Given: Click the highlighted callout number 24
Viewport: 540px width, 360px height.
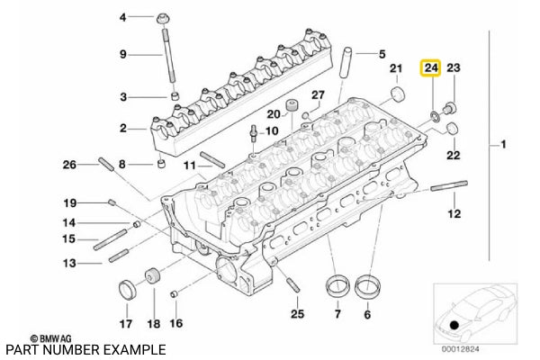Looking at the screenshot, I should pos(431,68).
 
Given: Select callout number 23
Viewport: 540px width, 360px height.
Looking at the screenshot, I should pos(454,68).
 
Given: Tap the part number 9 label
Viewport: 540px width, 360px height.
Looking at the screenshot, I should pos(124,56).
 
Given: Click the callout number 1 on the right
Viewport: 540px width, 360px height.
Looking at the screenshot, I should pos(504,145).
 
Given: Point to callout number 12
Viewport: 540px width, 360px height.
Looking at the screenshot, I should pos(454,213).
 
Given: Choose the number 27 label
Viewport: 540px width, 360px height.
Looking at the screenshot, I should pos(317,94).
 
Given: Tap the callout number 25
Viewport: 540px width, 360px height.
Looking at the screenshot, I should pos(297,314).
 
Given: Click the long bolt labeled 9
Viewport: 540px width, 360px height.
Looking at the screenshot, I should pos(168,54).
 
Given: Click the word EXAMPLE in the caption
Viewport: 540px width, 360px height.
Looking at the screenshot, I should pos(134,349).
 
